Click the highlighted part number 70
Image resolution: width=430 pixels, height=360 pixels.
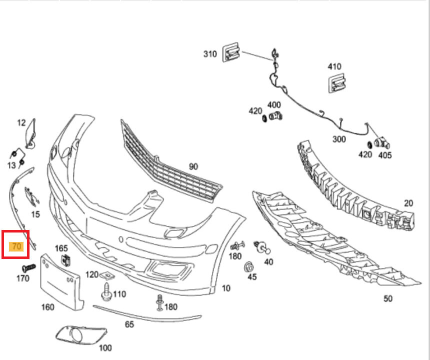pos(16,246)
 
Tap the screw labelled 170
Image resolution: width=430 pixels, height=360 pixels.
pos(29,267)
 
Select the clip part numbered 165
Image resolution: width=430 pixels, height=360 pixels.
pos(66,260)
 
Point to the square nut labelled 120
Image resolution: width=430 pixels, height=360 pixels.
pos(107,274)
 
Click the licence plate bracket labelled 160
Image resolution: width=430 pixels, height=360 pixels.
pos(61,282)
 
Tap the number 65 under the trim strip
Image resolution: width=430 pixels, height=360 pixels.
pos(129,324)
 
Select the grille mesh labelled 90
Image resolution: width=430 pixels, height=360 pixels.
pos(169,162)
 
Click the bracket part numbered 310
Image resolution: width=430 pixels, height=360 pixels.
pos(231,52)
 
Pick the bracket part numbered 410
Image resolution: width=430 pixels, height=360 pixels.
pos(337,83)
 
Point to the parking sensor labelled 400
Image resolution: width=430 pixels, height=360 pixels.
pos(275,116)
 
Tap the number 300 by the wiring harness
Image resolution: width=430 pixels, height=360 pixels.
pos(339,139)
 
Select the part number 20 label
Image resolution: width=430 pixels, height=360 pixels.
pos(408,203)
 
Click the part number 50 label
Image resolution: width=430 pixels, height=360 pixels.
pos(388,298)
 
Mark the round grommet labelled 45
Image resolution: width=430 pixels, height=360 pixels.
pos(248,267)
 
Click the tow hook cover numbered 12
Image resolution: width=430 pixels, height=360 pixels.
pos(30,133)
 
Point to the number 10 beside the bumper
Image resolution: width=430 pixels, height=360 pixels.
pos(226,288)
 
